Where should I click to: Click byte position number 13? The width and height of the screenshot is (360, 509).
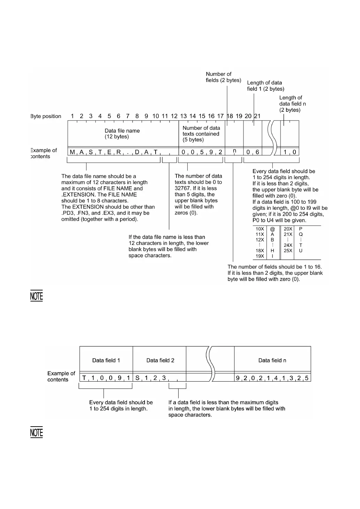pos(183,116)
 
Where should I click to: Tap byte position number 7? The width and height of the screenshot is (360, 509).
pos(128,116)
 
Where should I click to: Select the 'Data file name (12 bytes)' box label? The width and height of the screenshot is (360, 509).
pos(122,133)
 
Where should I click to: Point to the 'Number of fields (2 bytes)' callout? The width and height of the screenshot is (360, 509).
pos(223,77)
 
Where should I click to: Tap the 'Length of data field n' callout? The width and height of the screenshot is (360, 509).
pos(290,104)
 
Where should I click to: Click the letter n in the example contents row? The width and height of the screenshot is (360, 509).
pos(234,151)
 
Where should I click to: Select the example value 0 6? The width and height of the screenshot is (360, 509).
pos(253,152)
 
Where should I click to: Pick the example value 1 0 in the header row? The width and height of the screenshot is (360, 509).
pos(290,152)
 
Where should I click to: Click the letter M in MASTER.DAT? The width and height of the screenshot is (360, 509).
pos(72,152)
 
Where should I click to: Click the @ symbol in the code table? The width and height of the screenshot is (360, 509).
pos(272,229)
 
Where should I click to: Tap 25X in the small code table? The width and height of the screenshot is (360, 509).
pos(288,251)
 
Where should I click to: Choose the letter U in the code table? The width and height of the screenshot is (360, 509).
pos(301,251)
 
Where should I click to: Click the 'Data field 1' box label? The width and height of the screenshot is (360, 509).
pos(106,360)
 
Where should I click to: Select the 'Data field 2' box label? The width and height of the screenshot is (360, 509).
pos(160,360)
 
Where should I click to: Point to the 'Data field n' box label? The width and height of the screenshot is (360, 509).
pos(272,360)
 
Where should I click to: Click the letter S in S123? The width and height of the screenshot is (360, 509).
pos(137,378)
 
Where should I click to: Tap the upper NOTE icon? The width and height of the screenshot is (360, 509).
pos(36,296)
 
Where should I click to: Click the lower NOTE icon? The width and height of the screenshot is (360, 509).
pos(36,432)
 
